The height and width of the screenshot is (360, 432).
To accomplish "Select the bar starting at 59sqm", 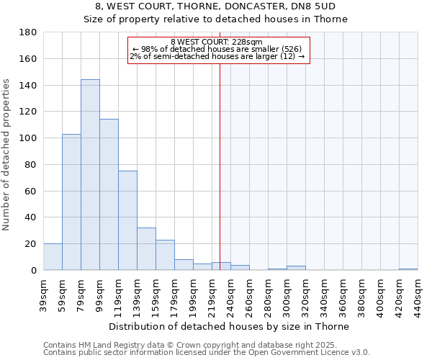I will [71, 202].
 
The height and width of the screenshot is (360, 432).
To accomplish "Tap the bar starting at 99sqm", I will [109, 194].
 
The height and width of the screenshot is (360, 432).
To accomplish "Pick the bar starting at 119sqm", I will [127, 220].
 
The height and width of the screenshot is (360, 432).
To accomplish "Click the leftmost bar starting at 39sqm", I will [53, 257].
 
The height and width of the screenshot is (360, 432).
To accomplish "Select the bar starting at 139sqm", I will [146, 249].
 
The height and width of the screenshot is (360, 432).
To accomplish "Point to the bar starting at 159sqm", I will [165, 255].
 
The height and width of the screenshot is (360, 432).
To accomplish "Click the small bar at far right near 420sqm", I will [408, 269].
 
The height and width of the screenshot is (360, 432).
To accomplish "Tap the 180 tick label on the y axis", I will [28, 32].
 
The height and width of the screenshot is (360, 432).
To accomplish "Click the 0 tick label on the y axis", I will [33, 270].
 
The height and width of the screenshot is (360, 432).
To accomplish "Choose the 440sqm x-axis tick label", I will [418, 295].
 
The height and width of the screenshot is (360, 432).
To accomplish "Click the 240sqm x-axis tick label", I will [231, 295].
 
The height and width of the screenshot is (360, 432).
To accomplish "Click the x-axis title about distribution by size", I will [230, 326].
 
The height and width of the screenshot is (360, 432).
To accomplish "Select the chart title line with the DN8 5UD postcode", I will [215, 6].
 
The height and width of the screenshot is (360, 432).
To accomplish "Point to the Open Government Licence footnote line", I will [207, 352].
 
